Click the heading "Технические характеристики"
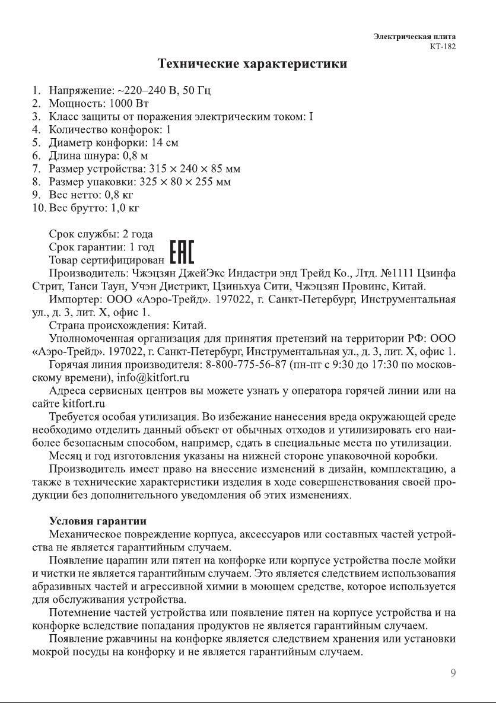(252, 63)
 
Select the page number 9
(453, 673)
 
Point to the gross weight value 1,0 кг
(122, 208)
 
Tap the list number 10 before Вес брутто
(38, 208)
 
